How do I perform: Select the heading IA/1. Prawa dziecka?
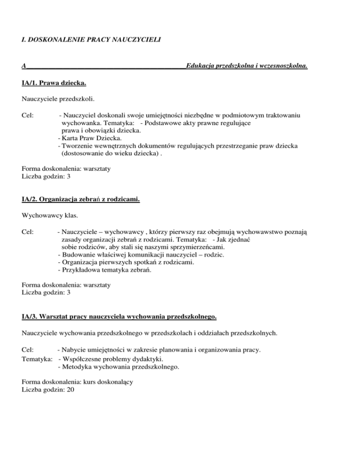[53, 83]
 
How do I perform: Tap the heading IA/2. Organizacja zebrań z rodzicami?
[81, 200]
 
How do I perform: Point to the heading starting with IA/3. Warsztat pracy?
[120, 317]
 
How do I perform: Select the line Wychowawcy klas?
[46, 216]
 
